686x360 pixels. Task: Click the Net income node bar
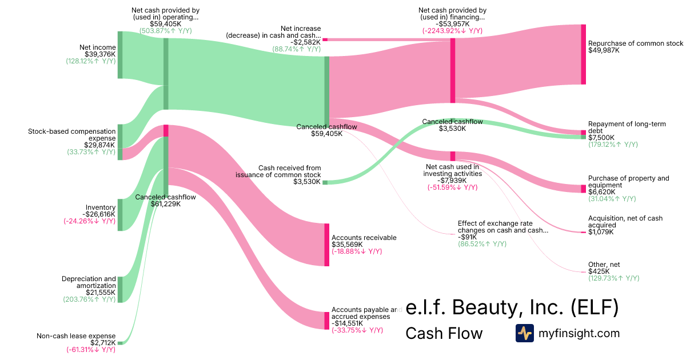coord(120,55)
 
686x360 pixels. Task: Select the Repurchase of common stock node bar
coord(584,54)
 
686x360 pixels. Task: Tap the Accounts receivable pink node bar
coord(327,245)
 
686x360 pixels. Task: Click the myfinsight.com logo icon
coord(524,333)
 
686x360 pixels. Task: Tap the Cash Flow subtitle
coord(444,333)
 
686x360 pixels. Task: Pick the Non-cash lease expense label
coord(76,336)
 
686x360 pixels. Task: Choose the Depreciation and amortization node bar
coord(120,289)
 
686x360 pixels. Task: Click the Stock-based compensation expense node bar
coord(120,142)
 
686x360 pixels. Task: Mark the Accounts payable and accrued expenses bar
coord(327,321)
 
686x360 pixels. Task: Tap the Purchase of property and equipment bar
coord(584,189)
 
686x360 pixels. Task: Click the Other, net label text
coord(604,265)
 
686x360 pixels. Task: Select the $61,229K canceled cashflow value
coord(166,204)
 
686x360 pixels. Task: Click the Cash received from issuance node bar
coord(325,182)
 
